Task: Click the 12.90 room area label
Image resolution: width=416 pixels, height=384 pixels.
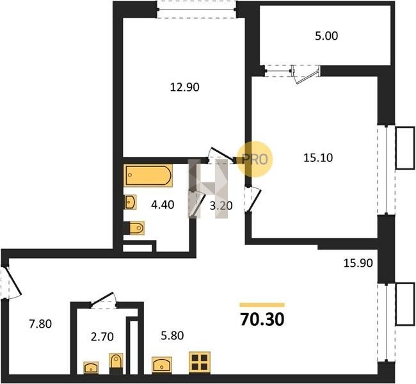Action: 185,87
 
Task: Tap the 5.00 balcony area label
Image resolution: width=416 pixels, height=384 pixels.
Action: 326,36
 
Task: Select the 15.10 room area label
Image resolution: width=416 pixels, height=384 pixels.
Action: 318,158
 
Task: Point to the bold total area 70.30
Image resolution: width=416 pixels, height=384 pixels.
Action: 262,319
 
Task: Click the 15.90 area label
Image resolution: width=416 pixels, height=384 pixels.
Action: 358,263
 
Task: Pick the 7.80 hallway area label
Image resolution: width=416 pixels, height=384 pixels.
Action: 40,324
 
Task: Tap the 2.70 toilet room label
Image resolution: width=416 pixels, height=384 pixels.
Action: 102,337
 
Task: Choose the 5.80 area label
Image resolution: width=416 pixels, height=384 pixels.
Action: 172,336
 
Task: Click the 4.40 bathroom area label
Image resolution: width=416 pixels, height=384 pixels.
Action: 163,205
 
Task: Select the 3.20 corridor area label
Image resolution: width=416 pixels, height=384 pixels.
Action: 221,205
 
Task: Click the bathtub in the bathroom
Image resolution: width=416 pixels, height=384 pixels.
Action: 148,175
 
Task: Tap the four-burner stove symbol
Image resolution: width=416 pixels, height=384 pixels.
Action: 200,363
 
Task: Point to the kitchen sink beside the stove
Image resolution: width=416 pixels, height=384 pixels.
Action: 162,365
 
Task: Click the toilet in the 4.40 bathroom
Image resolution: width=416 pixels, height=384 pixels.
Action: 136,228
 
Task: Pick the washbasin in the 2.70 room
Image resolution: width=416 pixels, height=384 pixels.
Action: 91,367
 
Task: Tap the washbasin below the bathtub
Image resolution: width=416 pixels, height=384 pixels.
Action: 130,202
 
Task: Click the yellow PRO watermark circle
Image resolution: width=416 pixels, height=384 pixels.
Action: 255,159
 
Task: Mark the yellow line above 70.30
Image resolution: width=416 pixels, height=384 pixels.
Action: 262,305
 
